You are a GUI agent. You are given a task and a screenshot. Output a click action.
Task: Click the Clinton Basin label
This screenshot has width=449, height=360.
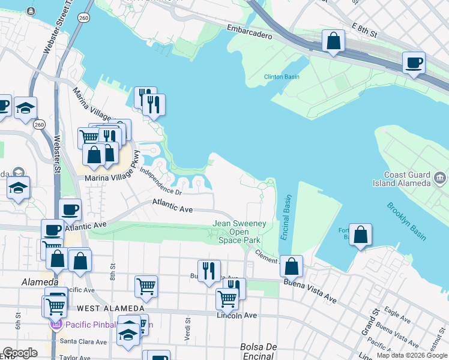tap(282, 76)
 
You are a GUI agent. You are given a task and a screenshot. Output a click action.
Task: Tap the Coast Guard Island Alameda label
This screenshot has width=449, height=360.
tap(408, 179)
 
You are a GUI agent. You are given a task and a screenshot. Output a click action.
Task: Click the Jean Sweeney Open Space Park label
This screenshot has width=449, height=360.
tap(240, 232)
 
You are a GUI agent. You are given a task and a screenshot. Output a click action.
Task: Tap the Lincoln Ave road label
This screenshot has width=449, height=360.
tap(238, 315)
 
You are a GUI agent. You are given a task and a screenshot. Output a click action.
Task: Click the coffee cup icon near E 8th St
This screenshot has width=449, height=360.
tap(414, 62)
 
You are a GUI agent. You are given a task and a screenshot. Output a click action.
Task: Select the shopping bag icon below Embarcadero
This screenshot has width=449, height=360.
tap(333, 41)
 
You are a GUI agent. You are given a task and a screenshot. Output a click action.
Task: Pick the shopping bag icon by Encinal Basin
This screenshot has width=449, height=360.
tap(292, 266)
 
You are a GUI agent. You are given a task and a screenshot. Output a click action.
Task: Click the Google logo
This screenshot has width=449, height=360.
tap(20, 353)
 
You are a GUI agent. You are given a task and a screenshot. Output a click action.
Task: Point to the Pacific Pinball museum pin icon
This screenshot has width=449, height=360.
tap(56, 325)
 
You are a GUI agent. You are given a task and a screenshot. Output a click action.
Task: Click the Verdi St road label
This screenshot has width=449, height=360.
tap(188, 328)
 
